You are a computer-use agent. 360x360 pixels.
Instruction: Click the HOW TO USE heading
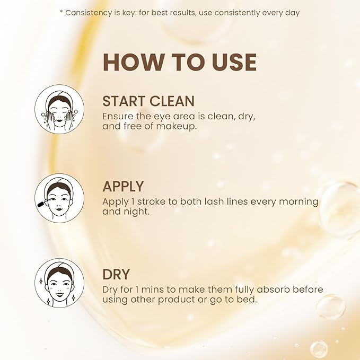[180, 62]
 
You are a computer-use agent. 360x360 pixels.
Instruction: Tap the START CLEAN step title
[148, 101]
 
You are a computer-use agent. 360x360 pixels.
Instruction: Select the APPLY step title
[123, 186]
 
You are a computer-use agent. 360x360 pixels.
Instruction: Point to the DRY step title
[116, 274]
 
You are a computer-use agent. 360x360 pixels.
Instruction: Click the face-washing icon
[59, 109]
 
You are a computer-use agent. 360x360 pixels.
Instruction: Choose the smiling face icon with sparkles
[59, 283]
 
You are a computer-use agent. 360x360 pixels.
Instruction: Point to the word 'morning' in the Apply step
[298, 202]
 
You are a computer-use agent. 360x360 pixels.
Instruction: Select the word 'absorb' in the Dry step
[273, 289]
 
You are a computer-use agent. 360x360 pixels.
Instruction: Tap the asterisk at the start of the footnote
[62, 12]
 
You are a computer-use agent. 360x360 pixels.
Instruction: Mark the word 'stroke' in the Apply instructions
[151, 201]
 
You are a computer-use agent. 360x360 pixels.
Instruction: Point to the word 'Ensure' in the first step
[118, 117]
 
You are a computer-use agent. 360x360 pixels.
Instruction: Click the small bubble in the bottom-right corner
[319, 349]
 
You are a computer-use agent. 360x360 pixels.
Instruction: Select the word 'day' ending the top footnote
[293, 13]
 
